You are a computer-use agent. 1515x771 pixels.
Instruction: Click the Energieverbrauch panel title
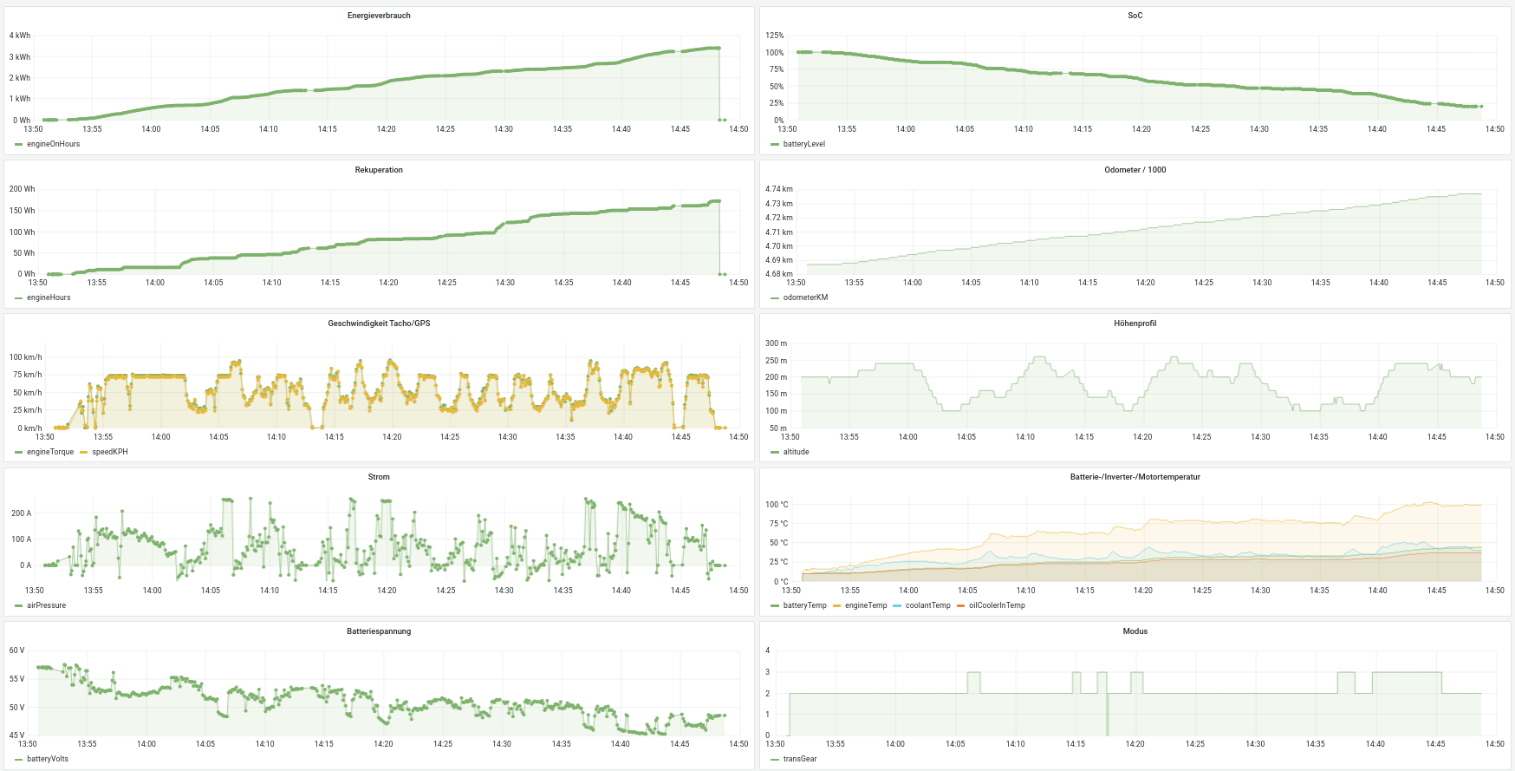point(379,16)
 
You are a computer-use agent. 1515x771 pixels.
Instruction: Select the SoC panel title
point(1135,16)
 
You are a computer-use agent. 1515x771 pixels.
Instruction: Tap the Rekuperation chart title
point(379,170)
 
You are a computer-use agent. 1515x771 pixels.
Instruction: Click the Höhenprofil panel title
point(1135,323)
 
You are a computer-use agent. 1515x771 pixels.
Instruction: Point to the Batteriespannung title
point(379,631)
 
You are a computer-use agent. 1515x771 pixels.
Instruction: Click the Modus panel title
point(1135,631)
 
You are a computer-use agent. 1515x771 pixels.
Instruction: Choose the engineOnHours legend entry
point(53,144)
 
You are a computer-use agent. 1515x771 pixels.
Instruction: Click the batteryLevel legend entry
point(803,144)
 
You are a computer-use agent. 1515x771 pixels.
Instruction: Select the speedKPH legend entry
point(109,452)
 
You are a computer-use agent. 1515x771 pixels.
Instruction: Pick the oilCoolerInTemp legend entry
point(997,605)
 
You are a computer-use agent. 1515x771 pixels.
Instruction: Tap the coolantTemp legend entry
point(927,605)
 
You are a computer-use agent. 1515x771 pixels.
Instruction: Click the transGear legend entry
point(799,759)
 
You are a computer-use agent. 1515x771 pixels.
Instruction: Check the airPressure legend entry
point(46,605)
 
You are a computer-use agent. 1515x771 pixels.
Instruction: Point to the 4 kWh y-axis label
point(20,36)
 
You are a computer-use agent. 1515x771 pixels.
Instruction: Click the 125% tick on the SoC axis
point(775,36)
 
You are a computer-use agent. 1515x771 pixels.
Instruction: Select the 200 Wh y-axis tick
point(23,189)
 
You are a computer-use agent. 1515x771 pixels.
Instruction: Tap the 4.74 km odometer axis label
point(779,189)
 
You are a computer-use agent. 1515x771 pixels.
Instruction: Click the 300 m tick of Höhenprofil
point(777,343)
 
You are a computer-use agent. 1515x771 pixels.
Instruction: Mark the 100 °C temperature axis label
point(777,505)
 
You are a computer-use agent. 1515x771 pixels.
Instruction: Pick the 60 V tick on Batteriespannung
point(17,650)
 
